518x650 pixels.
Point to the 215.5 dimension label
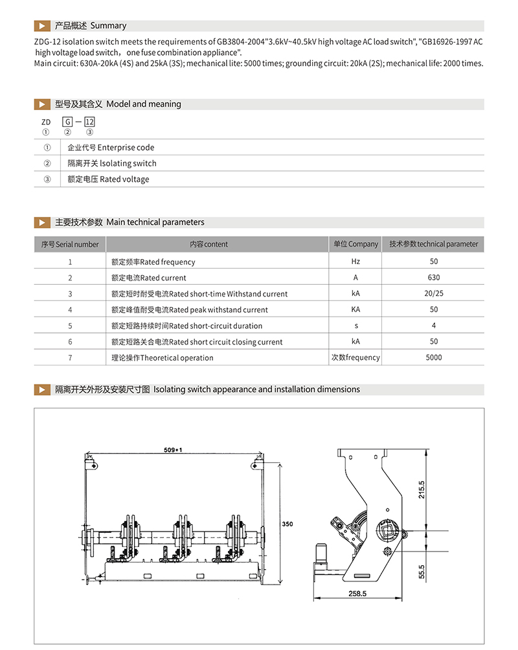(422, 488)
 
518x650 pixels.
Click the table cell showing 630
(433, 278)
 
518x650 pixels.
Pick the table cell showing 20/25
(433, 294)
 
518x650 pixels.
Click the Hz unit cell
(355, 262)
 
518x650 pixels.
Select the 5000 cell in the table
(433, 357)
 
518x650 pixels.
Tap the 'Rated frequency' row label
(153, 262)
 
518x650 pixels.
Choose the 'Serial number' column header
(70, 245)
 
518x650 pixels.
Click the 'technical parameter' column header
(433, 244)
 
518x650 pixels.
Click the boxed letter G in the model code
(67, 122)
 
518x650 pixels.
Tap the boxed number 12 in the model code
(90, 122)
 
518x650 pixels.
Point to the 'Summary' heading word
(108, 26)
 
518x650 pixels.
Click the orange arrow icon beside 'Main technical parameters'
(42, 222)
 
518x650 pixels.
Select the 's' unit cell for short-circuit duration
(355, 326)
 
